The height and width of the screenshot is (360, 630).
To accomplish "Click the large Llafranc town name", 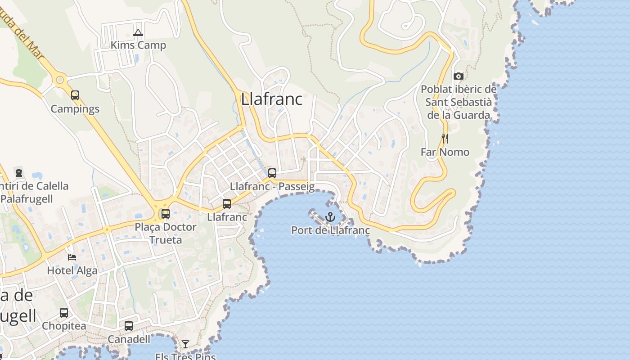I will [272, 99].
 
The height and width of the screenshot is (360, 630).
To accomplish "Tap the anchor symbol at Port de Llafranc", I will [330, 217].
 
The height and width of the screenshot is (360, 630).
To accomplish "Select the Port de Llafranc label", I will [330, 230].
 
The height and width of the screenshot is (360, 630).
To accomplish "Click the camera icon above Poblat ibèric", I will [459, 76].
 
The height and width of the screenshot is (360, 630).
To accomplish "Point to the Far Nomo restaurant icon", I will [445, 139].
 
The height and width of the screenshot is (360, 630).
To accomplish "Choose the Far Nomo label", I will [445, 152].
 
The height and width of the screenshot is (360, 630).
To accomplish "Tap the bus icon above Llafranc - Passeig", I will [272, 173].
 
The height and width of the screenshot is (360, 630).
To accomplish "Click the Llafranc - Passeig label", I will [272, 186].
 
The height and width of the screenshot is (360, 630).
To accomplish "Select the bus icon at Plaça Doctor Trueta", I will [166, 214].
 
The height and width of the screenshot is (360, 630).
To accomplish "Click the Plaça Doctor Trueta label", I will [166, 233].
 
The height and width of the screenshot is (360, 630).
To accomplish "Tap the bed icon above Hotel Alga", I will [72, 257].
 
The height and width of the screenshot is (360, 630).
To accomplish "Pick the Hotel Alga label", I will [72, 270].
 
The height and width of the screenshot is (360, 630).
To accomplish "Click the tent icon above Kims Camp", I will [138, 32].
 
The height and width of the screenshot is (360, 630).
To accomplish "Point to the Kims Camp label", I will [138, 45].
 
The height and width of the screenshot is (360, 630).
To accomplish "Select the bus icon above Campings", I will [75, 95].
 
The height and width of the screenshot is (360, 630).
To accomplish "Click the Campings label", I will [75, 109].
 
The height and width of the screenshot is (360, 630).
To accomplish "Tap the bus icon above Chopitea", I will [64, 312].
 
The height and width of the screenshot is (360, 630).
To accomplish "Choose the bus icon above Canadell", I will [129, 326].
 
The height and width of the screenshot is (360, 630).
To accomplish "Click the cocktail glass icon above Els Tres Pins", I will [185, 344].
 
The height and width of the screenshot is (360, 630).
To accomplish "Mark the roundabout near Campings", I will [59, 80].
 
